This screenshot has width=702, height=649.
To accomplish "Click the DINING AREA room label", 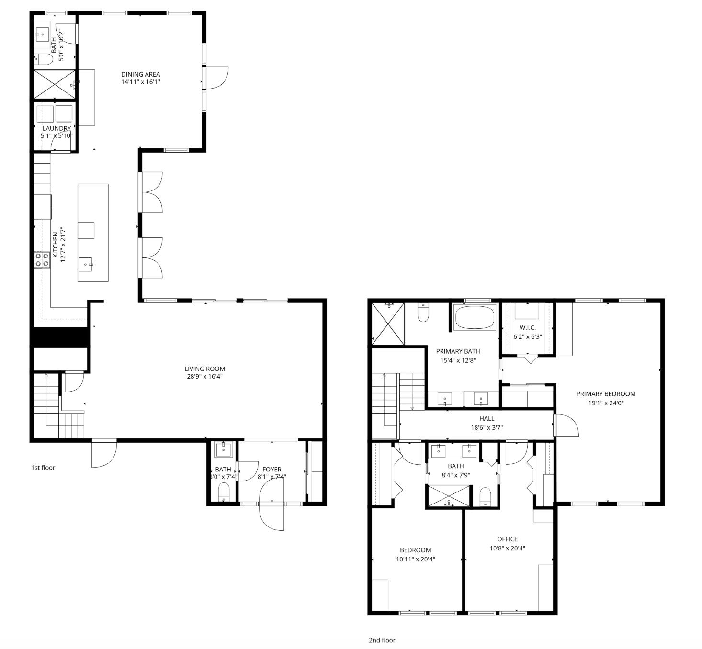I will pos(140,74).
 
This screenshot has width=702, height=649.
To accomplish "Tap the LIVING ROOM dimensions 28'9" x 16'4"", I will pos(204,377).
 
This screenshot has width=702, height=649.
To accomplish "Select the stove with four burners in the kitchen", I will pos(42,259).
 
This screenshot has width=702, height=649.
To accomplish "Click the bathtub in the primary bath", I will pos(475,317).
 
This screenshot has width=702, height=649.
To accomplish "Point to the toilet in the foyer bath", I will pos(224,492).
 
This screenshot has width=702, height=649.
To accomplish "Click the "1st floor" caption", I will pos(43,468).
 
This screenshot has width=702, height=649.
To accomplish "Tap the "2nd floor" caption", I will pos(382,640).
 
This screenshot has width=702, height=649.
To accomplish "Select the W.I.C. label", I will pos(527,328).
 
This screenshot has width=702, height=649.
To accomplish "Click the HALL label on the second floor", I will pos(487,418).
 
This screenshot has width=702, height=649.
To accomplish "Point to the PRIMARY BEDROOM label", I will pos(606,394).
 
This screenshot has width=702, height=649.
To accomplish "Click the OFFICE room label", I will pos(507,539).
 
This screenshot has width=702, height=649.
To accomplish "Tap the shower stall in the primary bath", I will pos(388,324).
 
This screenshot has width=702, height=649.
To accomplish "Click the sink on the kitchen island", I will pos(86,264).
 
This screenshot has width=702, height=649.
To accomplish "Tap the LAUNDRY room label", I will pos(57,128).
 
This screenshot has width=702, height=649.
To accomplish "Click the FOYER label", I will pos(272,469).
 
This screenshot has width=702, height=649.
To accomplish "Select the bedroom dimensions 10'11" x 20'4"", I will pos(415,559).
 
